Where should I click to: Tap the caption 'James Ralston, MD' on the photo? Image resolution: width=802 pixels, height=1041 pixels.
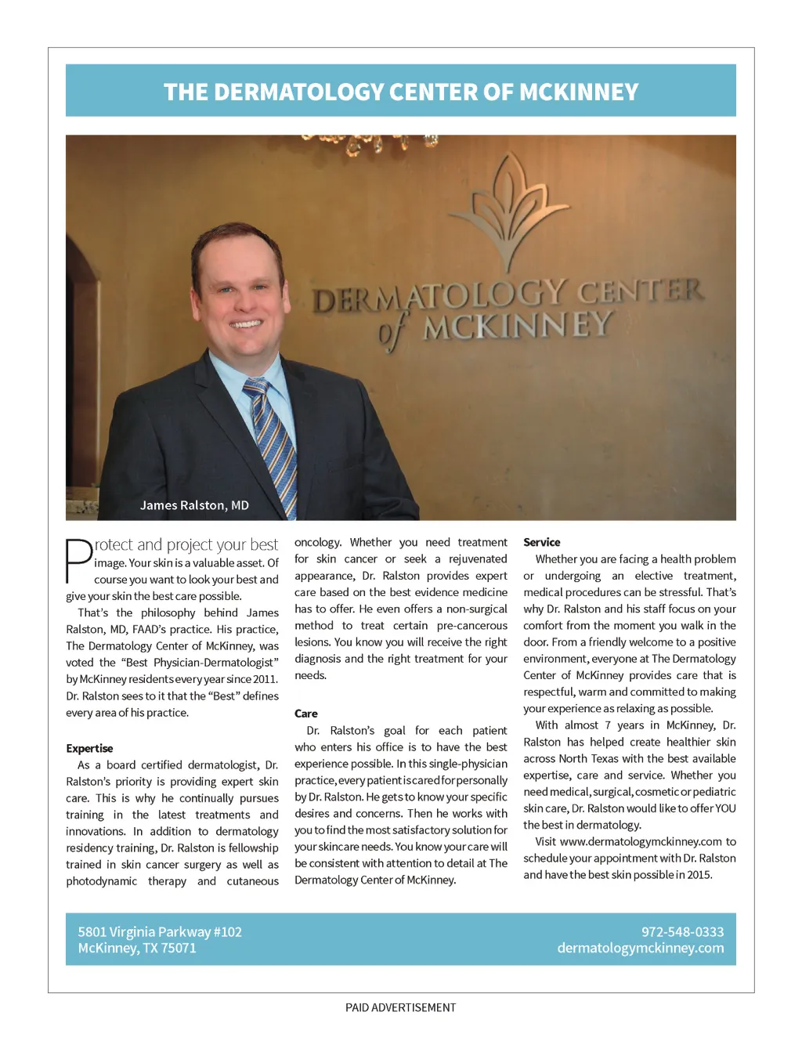[194, 505]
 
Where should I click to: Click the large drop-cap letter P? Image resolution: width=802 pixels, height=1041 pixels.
[78, 560]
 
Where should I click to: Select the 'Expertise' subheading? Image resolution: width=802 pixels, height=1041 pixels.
[89, 748]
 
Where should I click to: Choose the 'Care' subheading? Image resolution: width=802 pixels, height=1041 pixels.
[305, 714]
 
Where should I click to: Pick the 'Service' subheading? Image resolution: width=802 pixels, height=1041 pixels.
[541, 542]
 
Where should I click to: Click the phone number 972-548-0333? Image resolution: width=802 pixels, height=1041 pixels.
[682, 932]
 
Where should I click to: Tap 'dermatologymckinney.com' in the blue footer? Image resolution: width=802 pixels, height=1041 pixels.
[640, 948]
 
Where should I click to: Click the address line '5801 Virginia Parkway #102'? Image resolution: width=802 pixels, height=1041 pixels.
[160, 932]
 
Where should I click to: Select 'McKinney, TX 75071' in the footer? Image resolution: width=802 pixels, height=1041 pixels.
[137, 948]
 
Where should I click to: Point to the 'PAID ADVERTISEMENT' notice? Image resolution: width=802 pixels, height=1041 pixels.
[400, 1007]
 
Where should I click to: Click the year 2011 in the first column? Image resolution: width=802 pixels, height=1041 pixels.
[265, 679]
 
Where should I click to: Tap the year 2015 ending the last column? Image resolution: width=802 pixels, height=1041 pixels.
[699, 875]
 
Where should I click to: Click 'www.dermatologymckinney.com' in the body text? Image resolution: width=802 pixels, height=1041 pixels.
[641, 841]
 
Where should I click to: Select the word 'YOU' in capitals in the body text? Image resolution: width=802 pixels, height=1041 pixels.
[724, 808]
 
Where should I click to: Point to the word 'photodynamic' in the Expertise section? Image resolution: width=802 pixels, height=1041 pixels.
[101, 881]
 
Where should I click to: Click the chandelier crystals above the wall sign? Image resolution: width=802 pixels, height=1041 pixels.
[368, 143]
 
